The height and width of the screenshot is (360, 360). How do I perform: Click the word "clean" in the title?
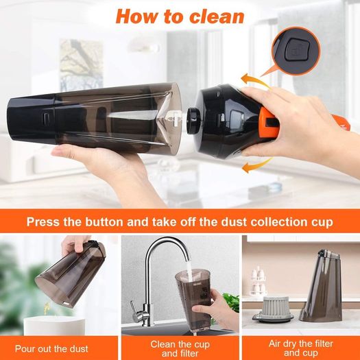click(x=217, y=16)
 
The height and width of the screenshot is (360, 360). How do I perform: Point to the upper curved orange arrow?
click(x=254, y=80)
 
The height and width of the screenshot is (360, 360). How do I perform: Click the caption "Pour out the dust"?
click(x=51, y=349)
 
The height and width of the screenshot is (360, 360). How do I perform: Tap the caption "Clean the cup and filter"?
click(x=180, y=348)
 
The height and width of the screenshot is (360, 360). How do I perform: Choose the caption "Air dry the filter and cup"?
click(x=301, y=348)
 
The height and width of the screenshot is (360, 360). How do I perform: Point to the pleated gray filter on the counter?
click(x=273, y=308)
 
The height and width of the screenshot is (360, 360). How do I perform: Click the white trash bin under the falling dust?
click(x=54, y=326)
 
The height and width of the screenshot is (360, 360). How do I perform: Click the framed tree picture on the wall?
click(x=82, y=65)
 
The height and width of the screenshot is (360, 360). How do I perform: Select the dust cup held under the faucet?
click(x=193, y=298)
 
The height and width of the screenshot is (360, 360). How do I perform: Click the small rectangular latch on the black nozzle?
click(x=46, y=118)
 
